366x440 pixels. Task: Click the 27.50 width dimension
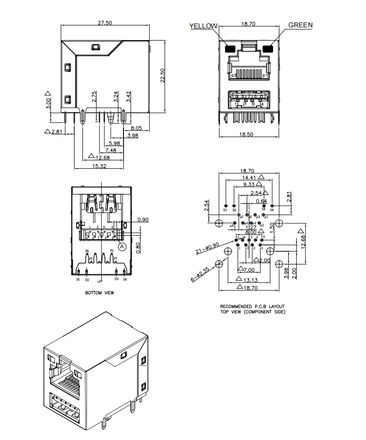[x=105, y=22]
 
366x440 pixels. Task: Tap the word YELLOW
[x=203, y=26]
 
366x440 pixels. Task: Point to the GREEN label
[x=301, y=25]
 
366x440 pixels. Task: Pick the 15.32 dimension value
[x=99, y=166]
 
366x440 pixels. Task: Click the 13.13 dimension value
[x=248, y=280]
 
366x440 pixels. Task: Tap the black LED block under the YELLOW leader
[x=229, y=48]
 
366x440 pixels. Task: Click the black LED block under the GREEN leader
[x=267, y=48]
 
